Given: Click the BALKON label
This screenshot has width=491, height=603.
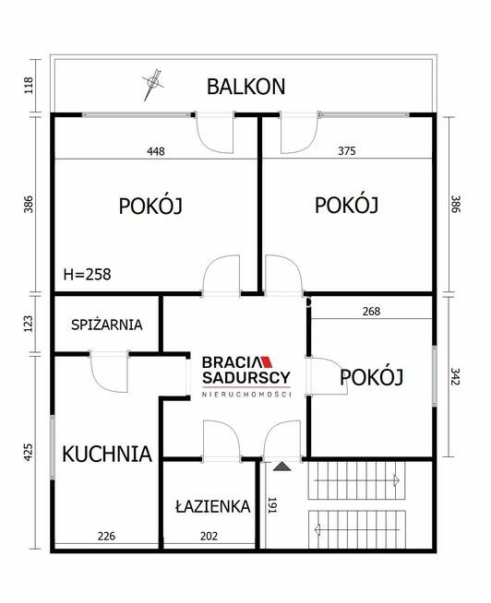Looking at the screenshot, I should tap(245, 87).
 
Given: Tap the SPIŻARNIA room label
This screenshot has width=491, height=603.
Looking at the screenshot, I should tap(107, 324).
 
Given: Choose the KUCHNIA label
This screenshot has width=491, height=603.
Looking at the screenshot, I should tap(106, 453).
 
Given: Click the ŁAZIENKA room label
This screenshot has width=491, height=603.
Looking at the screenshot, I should tap(212, 506).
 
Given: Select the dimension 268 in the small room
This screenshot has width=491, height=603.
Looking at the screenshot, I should tap(370, 311).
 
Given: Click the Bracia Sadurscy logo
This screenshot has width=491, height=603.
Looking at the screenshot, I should tap(246, 376).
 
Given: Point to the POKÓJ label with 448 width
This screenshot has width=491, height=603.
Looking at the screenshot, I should tap(150, 207).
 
